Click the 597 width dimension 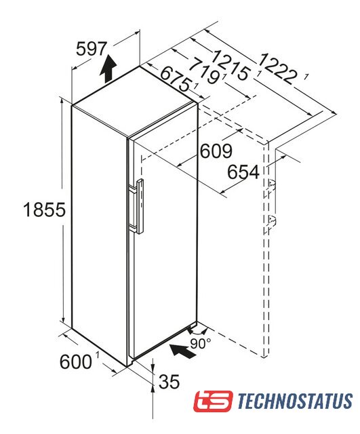point(91,49)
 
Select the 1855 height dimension point(44,210)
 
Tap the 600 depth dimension point(75,361)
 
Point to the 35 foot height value point(169,381)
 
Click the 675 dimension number point(176,79)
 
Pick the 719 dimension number point(204,71)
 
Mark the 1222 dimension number point(278,68)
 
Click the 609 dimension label point(216,151)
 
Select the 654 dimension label point(243,172)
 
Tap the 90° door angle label point(200,344)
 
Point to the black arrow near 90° point(182,351)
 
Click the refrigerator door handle point(138,206)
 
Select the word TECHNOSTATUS point(295,401)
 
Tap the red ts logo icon point(213,401)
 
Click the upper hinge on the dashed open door point(271,186)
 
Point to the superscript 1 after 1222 point(306,77)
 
